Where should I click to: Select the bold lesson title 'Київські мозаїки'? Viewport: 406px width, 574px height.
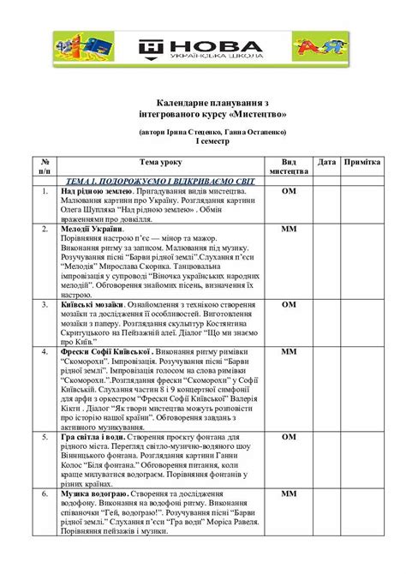[x=95, y=304]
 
